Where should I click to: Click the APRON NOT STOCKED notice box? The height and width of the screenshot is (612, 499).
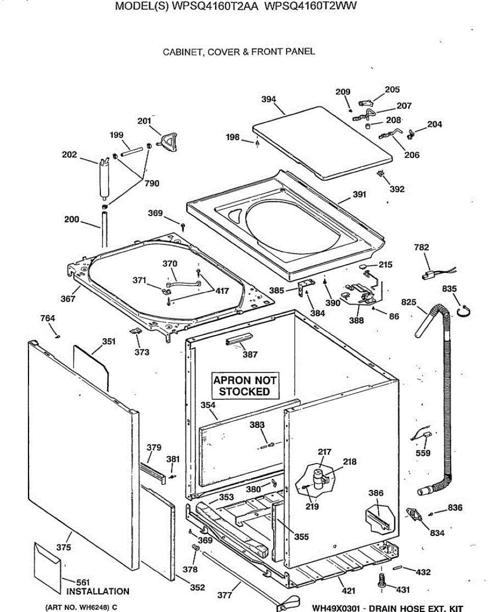[x=245, y=386]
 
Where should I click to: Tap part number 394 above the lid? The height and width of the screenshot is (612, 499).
[x=269, y=99]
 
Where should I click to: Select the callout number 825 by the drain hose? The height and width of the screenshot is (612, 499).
[x=409, y=303]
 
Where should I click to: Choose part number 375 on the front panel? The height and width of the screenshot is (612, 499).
[x=64, y=548]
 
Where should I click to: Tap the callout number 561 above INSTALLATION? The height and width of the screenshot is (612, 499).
[x=83, y=582]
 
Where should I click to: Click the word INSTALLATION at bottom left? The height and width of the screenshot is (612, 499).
[x=98, y=592]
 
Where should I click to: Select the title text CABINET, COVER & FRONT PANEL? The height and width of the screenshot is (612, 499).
[x=239, y=52]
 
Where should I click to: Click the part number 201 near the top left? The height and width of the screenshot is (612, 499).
[x=144, y=121]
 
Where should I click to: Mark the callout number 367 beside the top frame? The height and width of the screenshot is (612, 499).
[x=68, y=299]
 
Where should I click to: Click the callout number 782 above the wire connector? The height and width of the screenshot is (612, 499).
[x=422, y=247]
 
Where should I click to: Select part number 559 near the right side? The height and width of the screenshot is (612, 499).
[x=423, y=453]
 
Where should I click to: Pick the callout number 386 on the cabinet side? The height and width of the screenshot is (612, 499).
[x=376, y=493]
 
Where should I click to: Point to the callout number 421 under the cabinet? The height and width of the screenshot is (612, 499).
[x=349, y=591]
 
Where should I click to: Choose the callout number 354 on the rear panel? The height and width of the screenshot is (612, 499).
[x=208, y=405]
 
